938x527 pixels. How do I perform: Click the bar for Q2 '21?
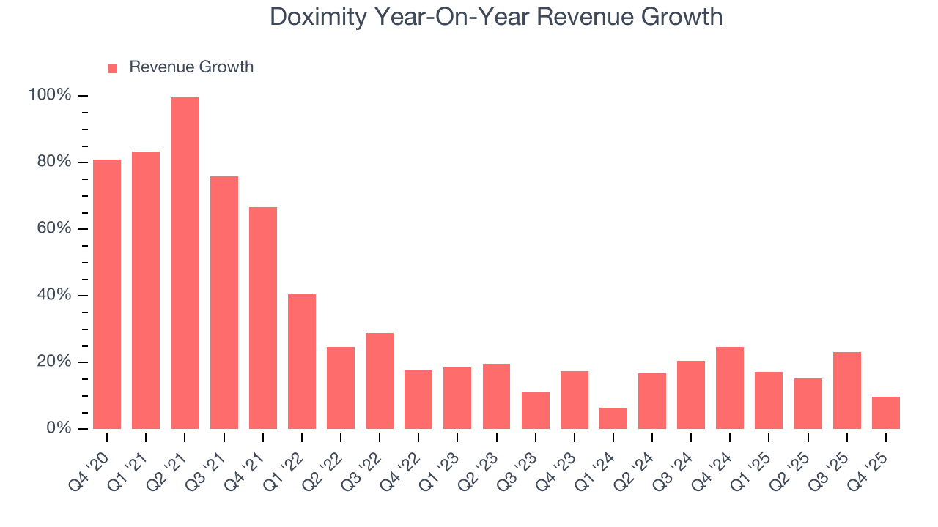[185, 263]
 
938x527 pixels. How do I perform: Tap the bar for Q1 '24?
[613, 418]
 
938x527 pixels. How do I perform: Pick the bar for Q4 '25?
[886, 413]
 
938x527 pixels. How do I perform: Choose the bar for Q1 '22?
[302, 362]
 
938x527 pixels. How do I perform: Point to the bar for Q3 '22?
[380, 381]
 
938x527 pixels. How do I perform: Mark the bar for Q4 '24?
[730, 388]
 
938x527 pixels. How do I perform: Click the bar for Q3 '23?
[536, 411]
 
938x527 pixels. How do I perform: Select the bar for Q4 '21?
[263, 318]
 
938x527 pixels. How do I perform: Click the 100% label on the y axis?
[50, 95]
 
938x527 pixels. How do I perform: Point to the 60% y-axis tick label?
[53, 228]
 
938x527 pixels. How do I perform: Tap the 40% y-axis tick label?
[53, 295]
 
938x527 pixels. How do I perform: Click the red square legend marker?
[113, 69]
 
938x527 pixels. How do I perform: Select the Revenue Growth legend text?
[191, 67]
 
